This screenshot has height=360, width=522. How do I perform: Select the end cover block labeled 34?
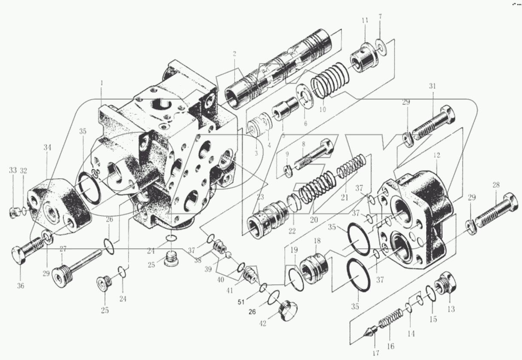pos(60,204)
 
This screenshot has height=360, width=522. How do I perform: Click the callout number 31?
pos(432,86)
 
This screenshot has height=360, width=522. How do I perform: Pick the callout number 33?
pos(13,170)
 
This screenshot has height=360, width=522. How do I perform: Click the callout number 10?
pos(322,109)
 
